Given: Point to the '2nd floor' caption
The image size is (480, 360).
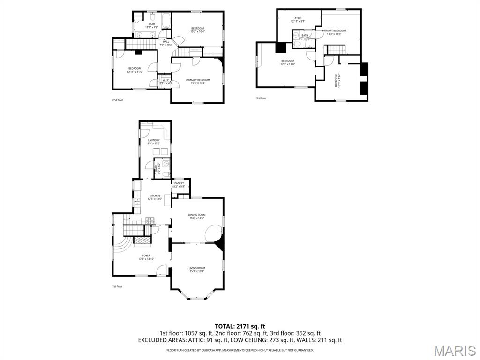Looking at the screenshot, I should pyautogui.click(x=117, y=100).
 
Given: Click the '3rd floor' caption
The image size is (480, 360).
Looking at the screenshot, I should pyautogui.click(x=261, y=98).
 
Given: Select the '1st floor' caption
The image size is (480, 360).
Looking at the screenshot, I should pyautogui.click(x=117, y=286).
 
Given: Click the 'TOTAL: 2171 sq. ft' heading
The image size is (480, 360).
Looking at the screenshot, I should pyautogui.click(x=240, y=326).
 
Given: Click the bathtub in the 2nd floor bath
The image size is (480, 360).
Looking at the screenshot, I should pyautogui.click(x=166, y=22).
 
